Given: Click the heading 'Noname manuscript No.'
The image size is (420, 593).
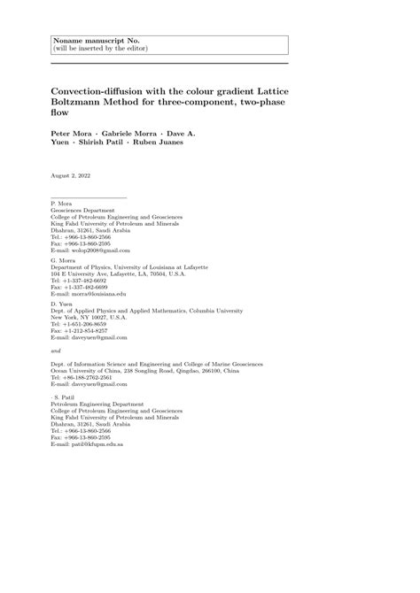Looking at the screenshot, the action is [89, 40].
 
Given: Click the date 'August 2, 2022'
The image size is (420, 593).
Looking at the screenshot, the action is [72, 175].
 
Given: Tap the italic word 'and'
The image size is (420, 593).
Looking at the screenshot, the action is [57, 350].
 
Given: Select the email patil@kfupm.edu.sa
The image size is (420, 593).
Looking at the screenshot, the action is [87, 443].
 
